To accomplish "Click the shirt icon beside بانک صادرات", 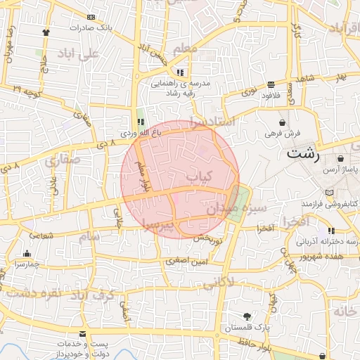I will click(46, 32).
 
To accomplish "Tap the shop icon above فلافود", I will click(271, 84).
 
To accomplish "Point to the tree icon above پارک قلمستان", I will click(246, 316).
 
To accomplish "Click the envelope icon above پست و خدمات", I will click(83, 333).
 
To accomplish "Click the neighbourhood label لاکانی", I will click(221, 283).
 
